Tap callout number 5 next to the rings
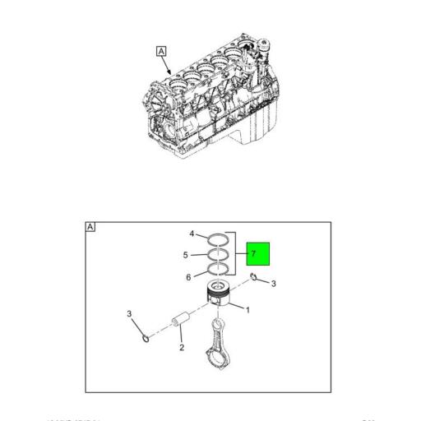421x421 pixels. pos(186,255)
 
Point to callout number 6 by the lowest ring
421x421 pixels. pos(187,277)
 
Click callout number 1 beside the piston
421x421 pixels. pos(248,310)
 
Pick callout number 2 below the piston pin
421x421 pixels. pos(180,348)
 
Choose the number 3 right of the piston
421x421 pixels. pos(274,284)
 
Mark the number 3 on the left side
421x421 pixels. pos(129,313)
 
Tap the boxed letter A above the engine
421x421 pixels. pos(161,51)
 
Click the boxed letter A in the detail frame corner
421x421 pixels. pos(90,226)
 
